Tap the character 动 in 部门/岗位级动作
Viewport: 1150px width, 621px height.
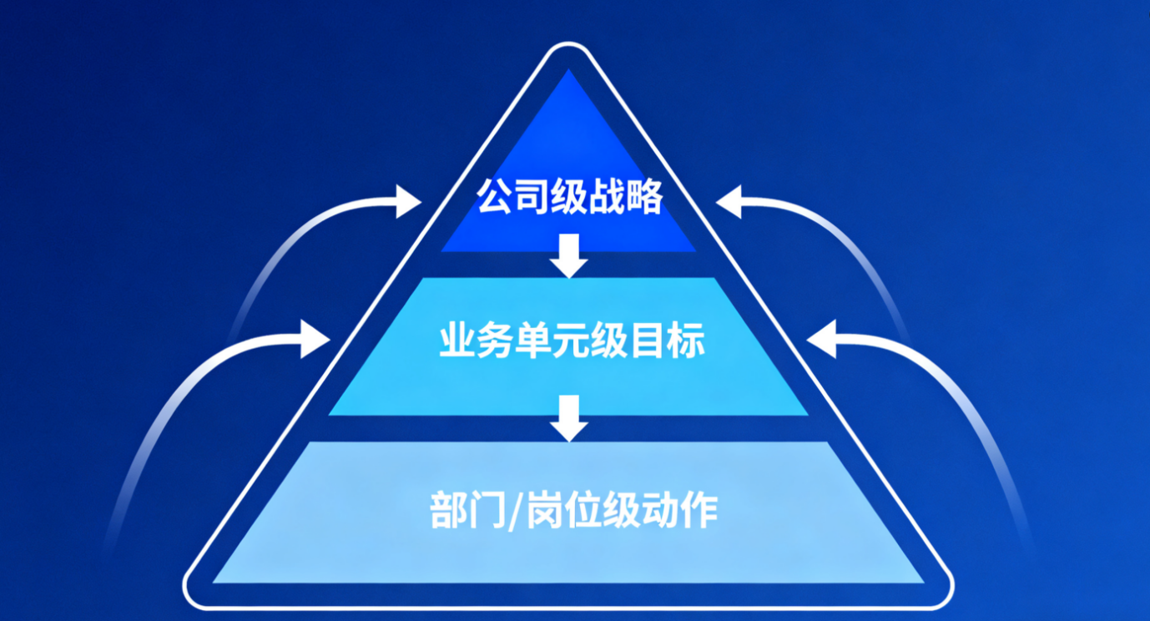pos(658,508)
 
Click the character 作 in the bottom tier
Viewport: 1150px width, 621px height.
pos(698,508)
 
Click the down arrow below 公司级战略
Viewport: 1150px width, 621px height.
pos(569,255)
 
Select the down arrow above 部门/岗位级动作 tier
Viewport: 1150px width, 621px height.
pos(569,417)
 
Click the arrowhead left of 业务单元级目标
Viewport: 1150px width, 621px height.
pos(315,339)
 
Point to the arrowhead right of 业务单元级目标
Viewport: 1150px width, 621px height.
pos(822,339)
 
